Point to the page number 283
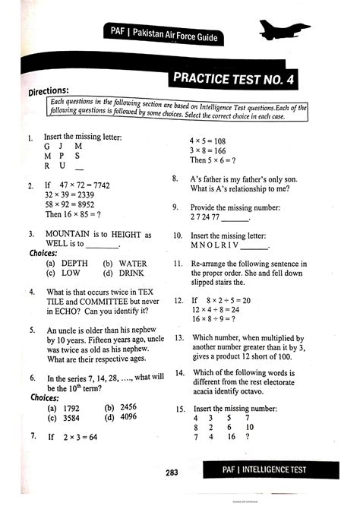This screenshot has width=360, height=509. (x=172, y=472)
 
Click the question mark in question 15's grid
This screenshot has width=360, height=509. (x=248, y=438)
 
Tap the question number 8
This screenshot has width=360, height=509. (x=175, y=179)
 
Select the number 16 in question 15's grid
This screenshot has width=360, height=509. (x=230, y=438)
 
